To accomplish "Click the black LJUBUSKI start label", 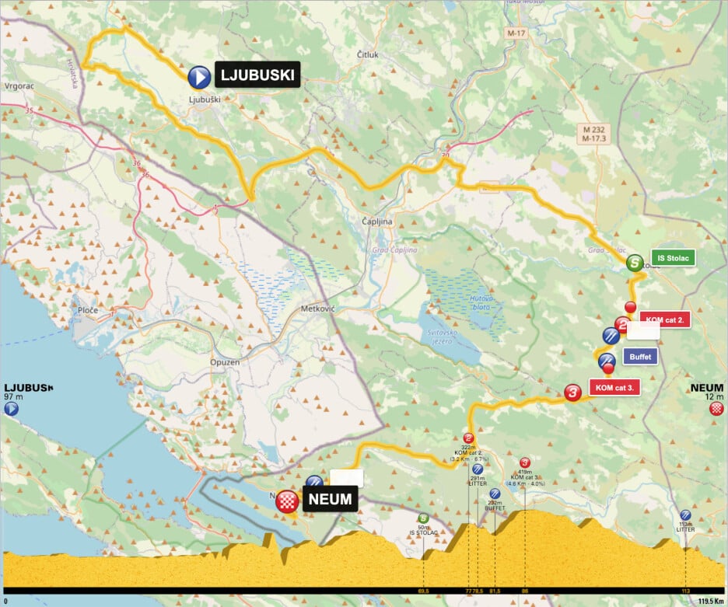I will [x=257, y=75].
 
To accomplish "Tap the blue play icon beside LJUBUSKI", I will [x=199, y=76].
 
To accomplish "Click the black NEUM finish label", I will [x=330, y=499].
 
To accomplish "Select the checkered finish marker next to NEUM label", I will [x=289, y=501].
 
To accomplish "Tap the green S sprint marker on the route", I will [x=635, y=263].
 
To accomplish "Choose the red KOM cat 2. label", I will [x=665, y=319].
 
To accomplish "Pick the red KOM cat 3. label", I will [x=614, y=387].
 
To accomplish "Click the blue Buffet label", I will [x=640, y=357].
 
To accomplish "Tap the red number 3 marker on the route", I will [x=573, y=393].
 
